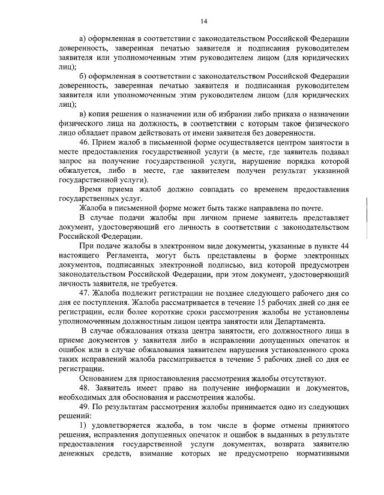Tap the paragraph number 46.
(85, 142)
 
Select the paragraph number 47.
(85, 292)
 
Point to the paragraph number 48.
(85, 386)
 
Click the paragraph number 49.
(85, 406)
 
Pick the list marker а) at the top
(83, 39)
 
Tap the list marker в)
(83, 114)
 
